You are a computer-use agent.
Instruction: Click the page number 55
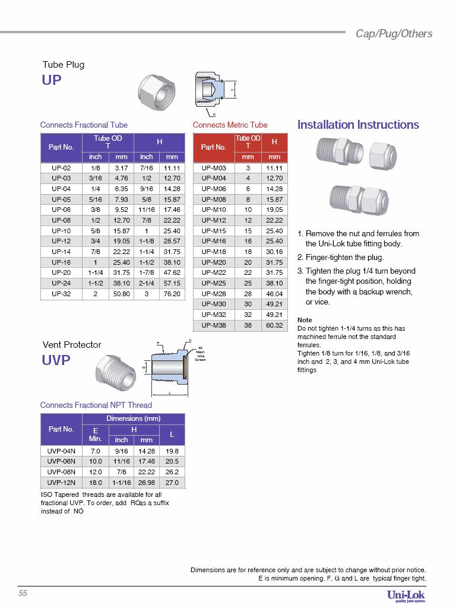[23, 594]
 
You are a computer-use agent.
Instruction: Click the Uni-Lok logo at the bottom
[406, 595]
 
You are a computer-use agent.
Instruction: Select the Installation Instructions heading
[358, 125]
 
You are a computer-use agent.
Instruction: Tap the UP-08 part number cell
[61, 220]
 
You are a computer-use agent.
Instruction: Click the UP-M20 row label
[214, 262]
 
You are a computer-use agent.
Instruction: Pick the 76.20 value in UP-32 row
[172, 294]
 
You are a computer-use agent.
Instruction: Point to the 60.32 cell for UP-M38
[274, 325]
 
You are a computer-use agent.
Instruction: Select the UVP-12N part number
[61, 483]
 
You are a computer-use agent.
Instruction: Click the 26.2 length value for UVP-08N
[172, 472]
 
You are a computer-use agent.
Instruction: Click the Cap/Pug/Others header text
[394, 33]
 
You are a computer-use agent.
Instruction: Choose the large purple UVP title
[56, 360]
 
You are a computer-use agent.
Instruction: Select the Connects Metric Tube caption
[230, 125]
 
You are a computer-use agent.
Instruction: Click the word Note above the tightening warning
[304, 320]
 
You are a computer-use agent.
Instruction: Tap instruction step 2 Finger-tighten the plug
[340, 258]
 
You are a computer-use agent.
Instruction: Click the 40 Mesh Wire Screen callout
[200, 354]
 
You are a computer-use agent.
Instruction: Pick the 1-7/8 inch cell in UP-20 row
[146, 272]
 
